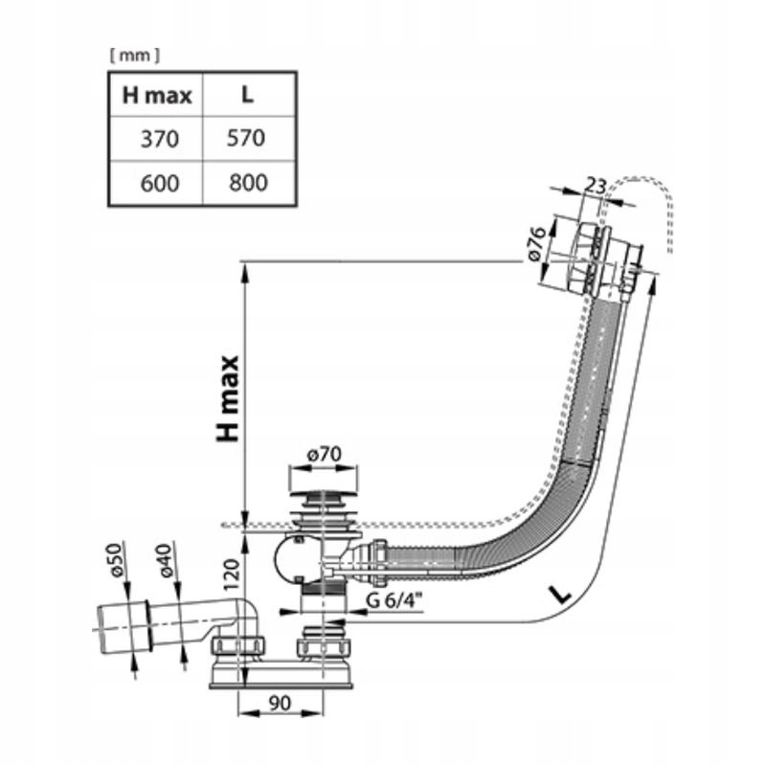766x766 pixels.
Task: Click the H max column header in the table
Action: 157,95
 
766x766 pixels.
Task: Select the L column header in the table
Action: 247,95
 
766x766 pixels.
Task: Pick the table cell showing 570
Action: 247,139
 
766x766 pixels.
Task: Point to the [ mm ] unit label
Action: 134,56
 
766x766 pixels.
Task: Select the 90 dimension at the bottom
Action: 280,703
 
